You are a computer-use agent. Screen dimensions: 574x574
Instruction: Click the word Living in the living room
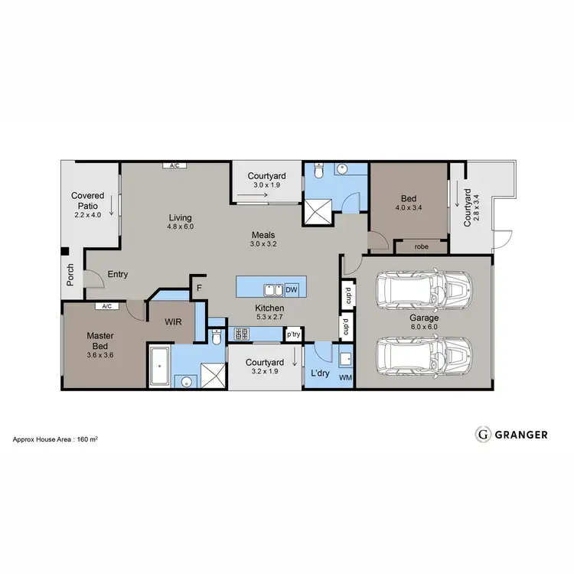pos(181,217)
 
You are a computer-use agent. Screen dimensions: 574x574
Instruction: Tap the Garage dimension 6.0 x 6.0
pos(423,326)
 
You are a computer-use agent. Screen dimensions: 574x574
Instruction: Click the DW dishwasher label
pos(291,290)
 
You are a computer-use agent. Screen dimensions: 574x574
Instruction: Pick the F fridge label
pos(199,288)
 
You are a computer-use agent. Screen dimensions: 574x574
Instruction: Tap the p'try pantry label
pos(292,334)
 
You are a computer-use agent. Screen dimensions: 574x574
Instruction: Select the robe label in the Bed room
pos(421,247)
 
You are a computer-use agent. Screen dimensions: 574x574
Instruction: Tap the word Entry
pos(118,274)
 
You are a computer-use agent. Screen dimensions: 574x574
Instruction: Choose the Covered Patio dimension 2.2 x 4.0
pos(87,215)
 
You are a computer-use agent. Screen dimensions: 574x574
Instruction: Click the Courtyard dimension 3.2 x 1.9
pos(265,372)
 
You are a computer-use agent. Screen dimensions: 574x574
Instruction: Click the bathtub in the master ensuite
pos(160,367)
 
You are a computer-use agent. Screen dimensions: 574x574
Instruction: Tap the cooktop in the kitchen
pos(242,334)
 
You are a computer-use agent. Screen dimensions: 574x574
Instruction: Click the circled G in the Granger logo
pos(483,435)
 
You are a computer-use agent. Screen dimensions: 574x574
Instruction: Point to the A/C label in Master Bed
pos(103,306)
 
